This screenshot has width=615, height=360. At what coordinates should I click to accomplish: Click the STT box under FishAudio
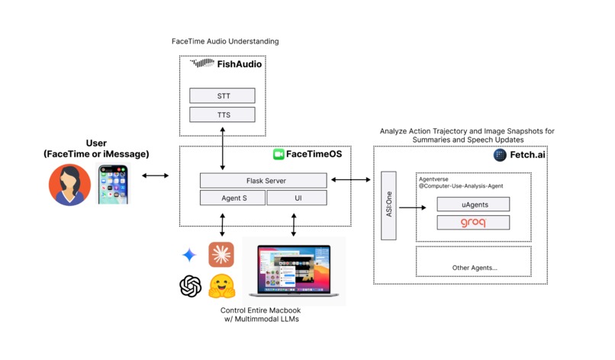click(x=223, y=96)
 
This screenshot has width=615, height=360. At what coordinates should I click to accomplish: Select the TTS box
click(x=223, y=115)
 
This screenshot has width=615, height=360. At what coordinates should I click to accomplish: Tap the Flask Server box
click(x=263, y=181)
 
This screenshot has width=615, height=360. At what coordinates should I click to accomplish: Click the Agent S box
click(x=233, y=198)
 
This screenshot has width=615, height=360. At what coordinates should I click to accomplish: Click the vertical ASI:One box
click(x=388, y=206)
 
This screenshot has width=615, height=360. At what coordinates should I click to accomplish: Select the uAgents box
click(x=472, y=204)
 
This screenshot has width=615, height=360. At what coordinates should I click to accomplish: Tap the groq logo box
click(x=472, y=223)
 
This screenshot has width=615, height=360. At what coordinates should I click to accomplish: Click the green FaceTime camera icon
click(x=279, y=155)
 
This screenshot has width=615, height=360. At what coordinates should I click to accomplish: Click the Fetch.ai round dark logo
click(x=500, y=155)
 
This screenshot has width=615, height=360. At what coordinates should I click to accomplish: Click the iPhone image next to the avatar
click(x=118, y=184)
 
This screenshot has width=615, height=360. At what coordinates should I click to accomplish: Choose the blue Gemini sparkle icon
click(x=188, y=255)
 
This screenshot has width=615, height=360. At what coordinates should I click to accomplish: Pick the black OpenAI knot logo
click(x=190, y=287)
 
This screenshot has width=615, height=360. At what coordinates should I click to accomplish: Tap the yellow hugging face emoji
click(x=221, y=287)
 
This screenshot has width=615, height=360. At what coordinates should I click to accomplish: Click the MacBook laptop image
click(x=294, y=271)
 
